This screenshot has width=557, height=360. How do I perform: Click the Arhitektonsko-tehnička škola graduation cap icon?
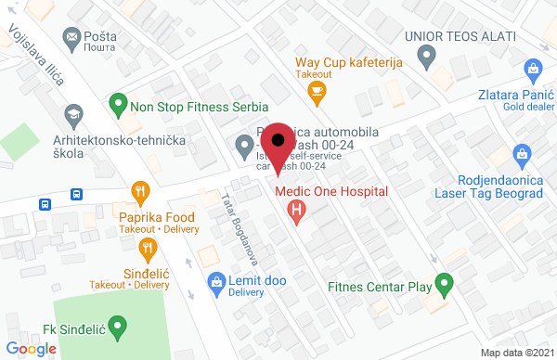pyautogui.click(x=71, y=115)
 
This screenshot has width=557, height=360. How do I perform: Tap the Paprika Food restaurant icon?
pyautogui.click(x=141, y=193)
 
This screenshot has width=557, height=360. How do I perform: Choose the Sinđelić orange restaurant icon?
pyautogui.click(x=148, y=248)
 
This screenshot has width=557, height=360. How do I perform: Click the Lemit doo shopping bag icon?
pyautogui.click(x=215, y=280)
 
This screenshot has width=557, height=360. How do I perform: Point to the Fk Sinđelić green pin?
pyautogui.click(x=117, y=326)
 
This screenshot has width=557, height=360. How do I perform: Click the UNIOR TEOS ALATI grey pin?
pyautogui.click(x=426, y=58)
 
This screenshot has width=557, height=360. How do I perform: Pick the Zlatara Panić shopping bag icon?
pyautogui.click(x=533, y=68)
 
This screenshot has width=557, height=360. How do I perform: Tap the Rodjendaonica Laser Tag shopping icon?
pyautogui.click(x=521, y=153)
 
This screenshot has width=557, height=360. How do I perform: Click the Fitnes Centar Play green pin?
pyautogui.click(x=445, y=283)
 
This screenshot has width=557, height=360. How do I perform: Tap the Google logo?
pyautogui.click(x=32, y=348)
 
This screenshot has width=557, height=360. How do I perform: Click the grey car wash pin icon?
pyautogui.click(x=243, y=145)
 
